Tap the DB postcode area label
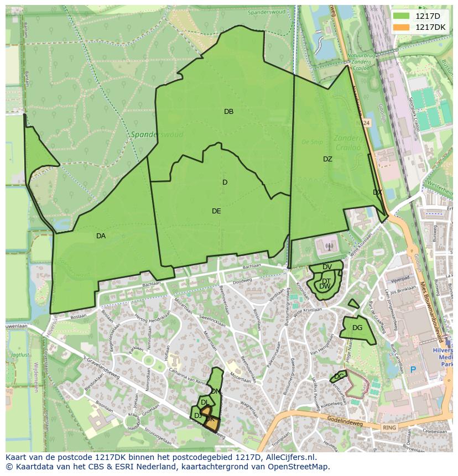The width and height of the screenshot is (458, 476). (228, 112)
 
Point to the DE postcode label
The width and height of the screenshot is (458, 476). (216, 211)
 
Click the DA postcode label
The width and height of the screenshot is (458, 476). (101, 236)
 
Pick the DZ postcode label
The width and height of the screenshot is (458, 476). (327, 159)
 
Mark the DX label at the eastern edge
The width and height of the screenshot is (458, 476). (377, 192)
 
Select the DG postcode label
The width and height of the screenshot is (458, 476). (357, 328)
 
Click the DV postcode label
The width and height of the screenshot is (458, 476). (327, 267)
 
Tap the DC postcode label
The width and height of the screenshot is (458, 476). (339, 376)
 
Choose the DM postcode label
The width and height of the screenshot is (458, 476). (216, 391)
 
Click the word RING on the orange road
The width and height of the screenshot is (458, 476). (389, 427)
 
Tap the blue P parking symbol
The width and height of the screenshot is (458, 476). (412, 369)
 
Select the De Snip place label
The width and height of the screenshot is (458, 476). (313, 142)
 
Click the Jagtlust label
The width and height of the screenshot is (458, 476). (20, 355)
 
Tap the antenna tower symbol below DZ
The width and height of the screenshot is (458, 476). (329, 247)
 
